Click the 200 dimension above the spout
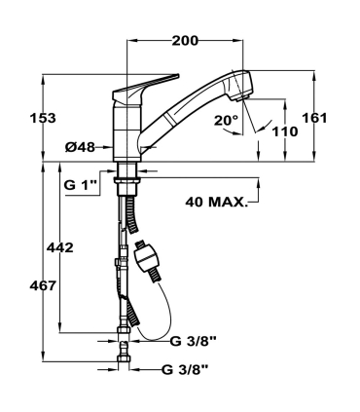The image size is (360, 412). coord(185,41)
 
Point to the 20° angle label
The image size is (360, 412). coord(226,121)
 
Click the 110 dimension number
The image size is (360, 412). coord(285,131)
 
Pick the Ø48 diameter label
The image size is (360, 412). coord(81,148)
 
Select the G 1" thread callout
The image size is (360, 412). coord(82,183)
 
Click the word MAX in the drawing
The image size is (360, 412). coord(229,203)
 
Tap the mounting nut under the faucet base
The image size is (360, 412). coord(126,176)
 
